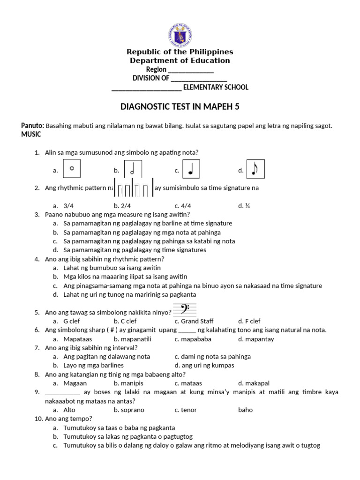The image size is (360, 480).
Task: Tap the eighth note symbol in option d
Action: [x=255, y=169]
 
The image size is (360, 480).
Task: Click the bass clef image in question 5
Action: [x=184, y=310]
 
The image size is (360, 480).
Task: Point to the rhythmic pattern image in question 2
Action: [x=134, y=188]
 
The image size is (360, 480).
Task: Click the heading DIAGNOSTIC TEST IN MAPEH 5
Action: [x=180, y=107]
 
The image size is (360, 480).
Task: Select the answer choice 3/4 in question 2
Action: [x=69, y=205]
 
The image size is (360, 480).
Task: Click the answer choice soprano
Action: [x=132, y=410]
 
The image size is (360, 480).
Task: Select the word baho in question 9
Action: [x=245, y=410]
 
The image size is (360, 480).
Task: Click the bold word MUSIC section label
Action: [x=31, y=135]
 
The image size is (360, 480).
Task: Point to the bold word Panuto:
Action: [x=32, y=126]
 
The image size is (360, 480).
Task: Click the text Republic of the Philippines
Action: [x=180, y=52]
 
